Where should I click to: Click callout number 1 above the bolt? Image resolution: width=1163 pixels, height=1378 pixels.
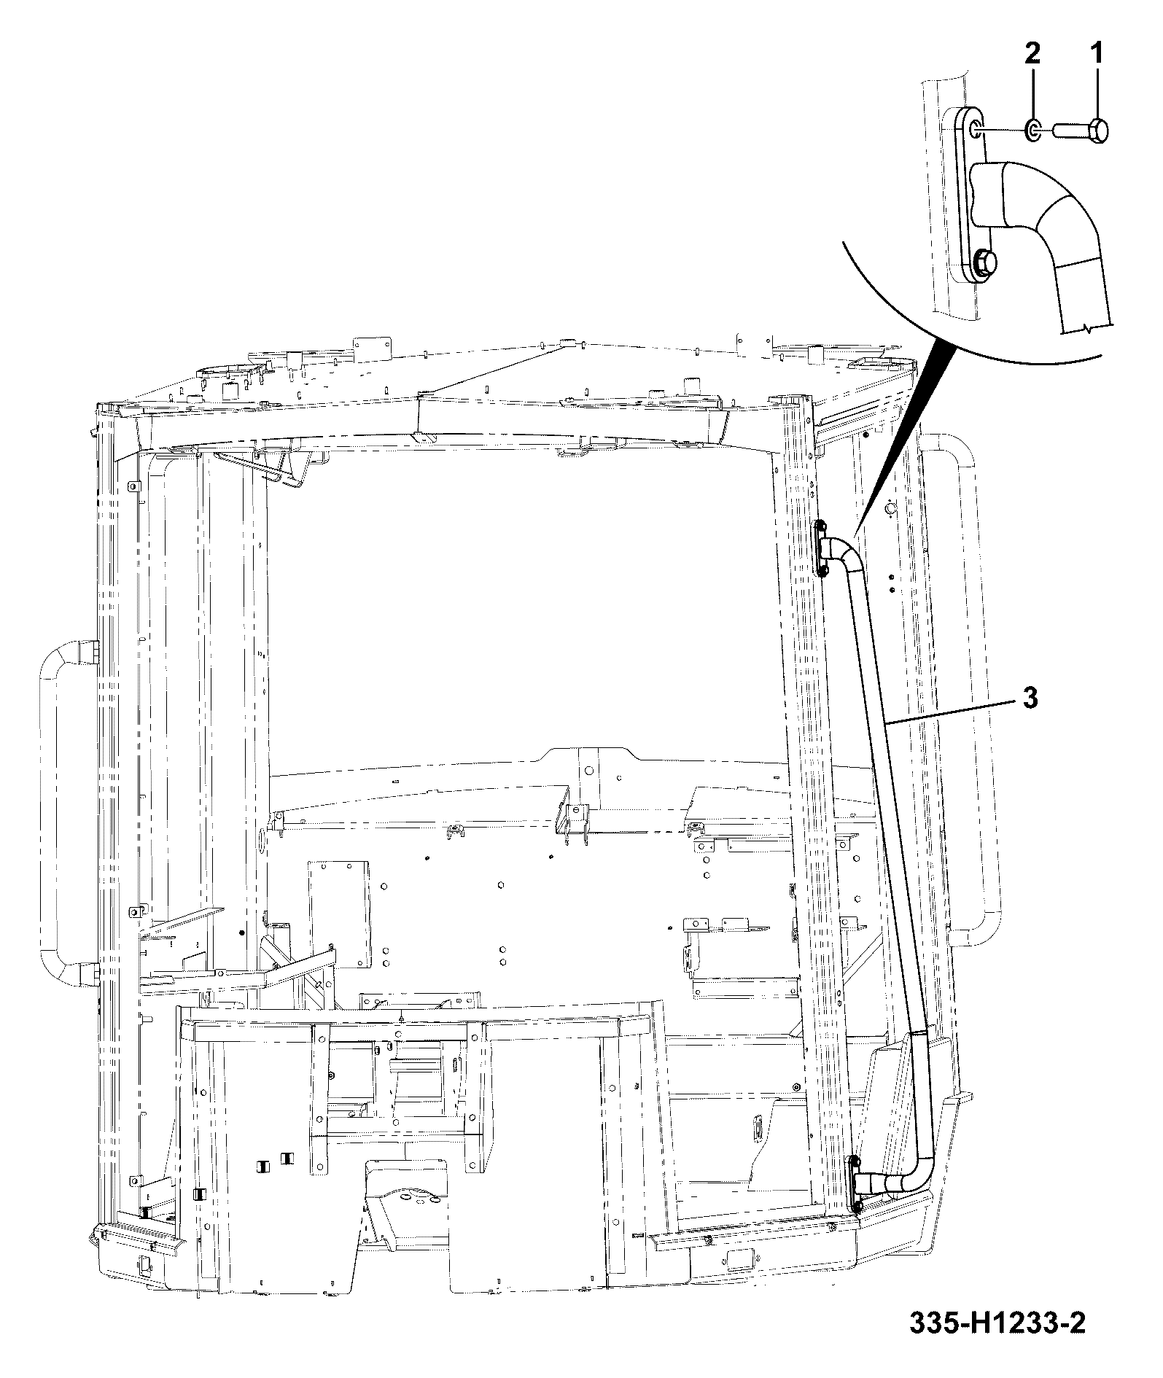coord(1096,54)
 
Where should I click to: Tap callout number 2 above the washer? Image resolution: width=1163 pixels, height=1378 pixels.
coord(1032,54)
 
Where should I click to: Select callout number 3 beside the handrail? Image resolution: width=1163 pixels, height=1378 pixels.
coord(1030,698)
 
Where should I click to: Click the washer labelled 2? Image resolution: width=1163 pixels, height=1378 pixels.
coord(1033,131)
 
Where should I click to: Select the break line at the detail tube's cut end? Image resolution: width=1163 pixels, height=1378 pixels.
coord(1086,330)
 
